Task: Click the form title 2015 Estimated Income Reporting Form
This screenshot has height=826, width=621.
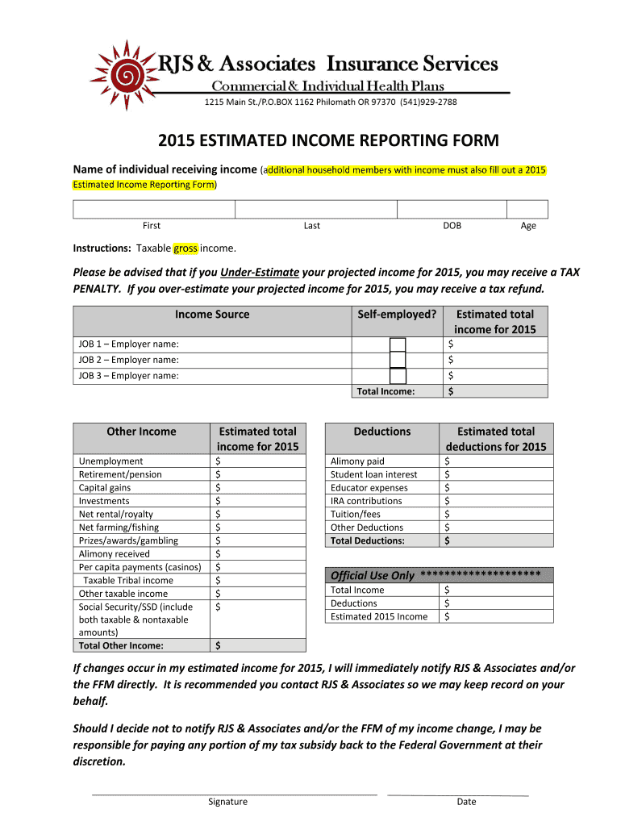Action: [x=328, y=141]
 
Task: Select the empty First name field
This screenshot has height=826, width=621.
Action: [x=154, y=209]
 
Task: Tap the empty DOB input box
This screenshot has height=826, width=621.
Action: [x=451, y=209]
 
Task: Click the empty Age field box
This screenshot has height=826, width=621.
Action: [x=527, y=209]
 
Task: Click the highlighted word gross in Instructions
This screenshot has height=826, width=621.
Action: [x=185, y=248]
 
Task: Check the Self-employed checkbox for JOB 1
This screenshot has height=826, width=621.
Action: [x=398, y=345]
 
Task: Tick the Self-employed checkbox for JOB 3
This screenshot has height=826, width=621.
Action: [x=398, y=376]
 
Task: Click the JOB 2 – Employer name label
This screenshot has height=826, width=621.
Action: [x=129, y=361]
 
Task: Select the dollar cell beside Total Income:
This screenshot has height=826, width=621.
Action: [x=494, y=391]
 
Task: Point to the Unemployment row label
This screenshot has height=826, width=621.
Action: [x=111, y=461]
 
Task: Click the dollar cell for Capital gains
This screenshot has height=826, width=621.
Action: [x=258, y=488]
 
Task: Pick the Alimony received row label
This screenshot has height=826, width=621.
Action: [x=115, y=554]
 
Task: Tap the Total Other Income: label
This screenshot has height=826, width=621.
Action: [x=121, y=645]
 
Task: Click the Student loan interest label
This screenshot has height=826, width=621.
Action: [x=374, y=475]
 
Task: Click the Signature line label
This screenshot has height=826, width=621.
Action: [x=227, y=802]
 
